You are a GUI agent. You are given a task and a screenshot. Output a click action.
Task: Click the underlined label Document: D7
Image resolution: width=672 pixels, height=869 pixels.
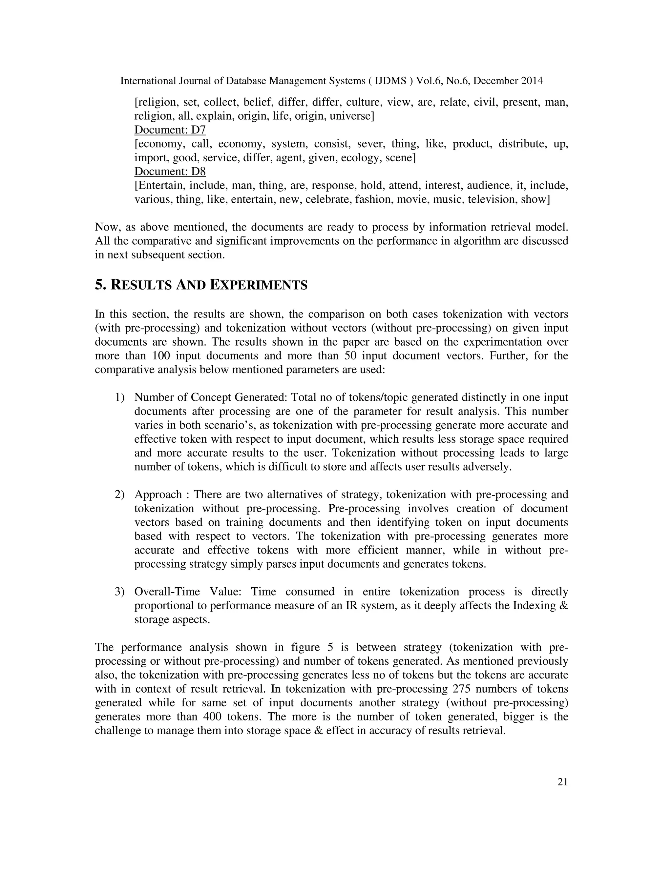[x=170, y=130]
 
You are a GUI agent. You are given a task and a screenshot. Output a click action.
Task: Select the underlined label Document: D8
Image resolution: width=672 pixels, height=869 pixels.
[x=170, y=172]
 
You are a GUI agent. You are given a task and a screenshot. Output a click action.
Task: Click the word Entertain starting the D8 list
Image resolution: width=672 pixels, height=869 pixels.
[x=161, y=185]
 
